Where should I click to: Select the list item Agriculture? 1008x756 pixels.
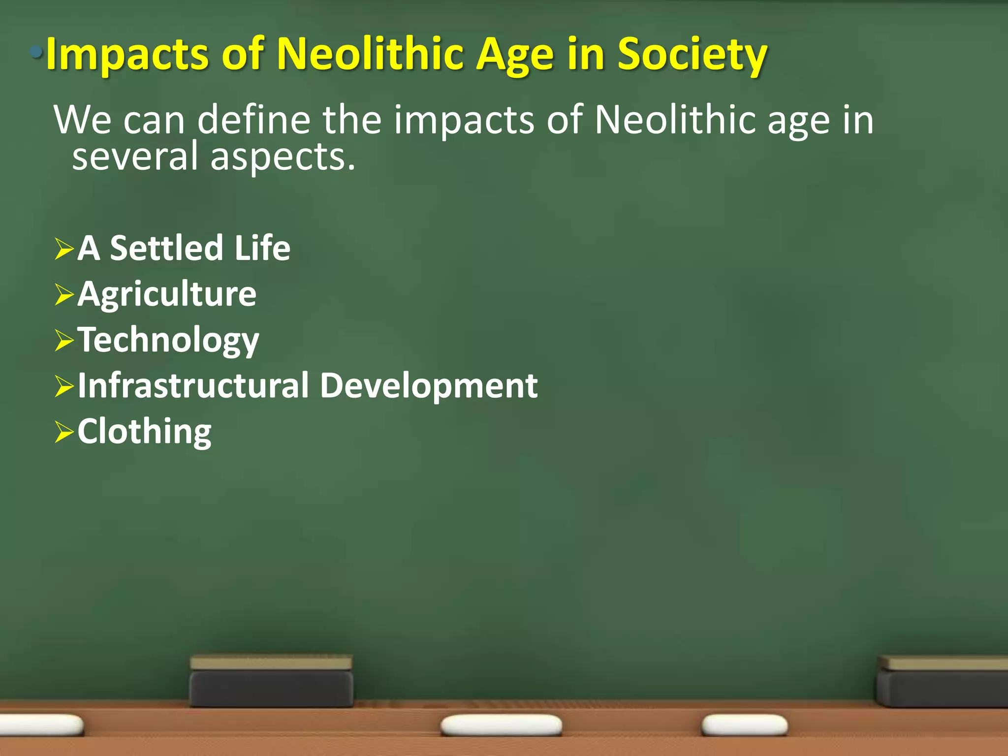coord(167,294)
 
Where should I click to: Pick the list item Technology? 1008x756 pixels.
coord(168,340)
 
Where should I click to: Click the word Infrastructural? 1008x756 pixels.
coord(193,385)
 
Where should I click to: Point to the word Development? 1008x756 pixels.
coord(429,385)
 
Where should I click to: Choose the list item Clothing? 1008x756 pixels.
coord(144,432)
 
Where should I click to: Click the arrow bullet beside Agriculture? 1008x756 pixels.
coord(64,295)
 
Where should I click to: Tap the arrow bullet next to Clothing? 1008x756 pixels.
coord(64,433)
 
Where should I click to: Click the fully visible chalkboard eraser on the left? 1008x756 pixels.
coord(271,681)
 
